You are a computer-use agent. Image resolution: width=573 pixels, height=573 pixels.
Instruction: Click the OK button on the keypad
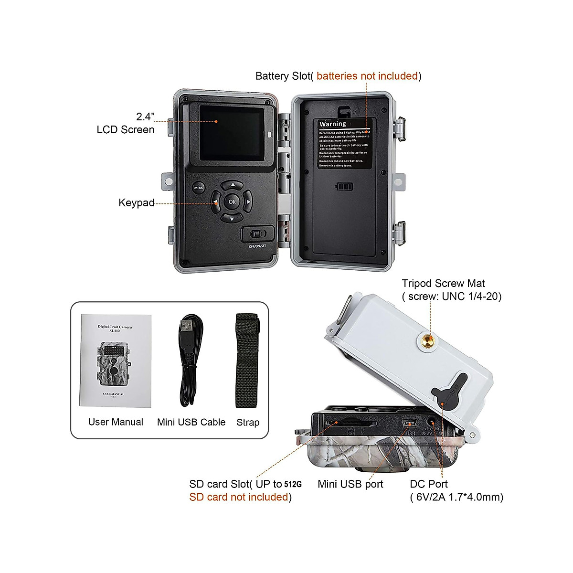click(x=232, y=202)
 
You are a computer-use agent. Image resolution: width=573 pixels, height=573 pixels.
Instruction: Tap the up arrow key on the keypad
click(x=232, y=184)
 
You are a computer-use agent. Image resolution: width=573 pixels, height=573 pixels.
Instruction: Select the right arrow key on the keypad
click(x=248, y=202)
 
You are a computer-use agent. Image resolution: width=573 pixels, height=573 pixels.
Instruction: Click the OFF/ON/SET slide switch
click(x=258, y=234)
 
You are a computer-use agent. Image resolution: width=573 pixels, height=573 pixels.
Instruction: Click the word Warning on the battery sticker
click(x=332, y=124)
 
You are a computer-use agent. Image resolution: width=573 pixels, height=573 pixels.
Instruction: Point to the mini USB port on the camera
click(x=409, y=424)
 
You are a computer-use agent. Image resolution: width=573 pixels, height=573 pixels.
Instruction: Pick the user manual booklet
click(x=116, y=361)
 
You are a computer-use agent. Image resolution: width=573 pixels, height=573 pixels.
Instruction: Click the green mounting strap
click(x=247, y=361)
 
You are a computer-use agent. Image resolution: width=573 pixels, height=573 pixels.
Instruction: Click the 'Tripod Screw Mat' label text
click(x=443, y=284)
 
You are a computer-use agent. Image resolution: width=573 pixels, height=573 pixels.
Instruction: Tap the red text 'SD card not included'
click(x=239, y=497)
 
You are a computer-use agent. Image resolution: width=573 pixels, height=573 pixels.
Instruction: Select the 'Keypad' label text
click(x=136, y=203)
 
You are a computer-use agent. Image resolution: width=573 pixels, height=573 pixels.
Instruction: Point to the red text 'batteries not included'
click(x=367, y=76)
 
